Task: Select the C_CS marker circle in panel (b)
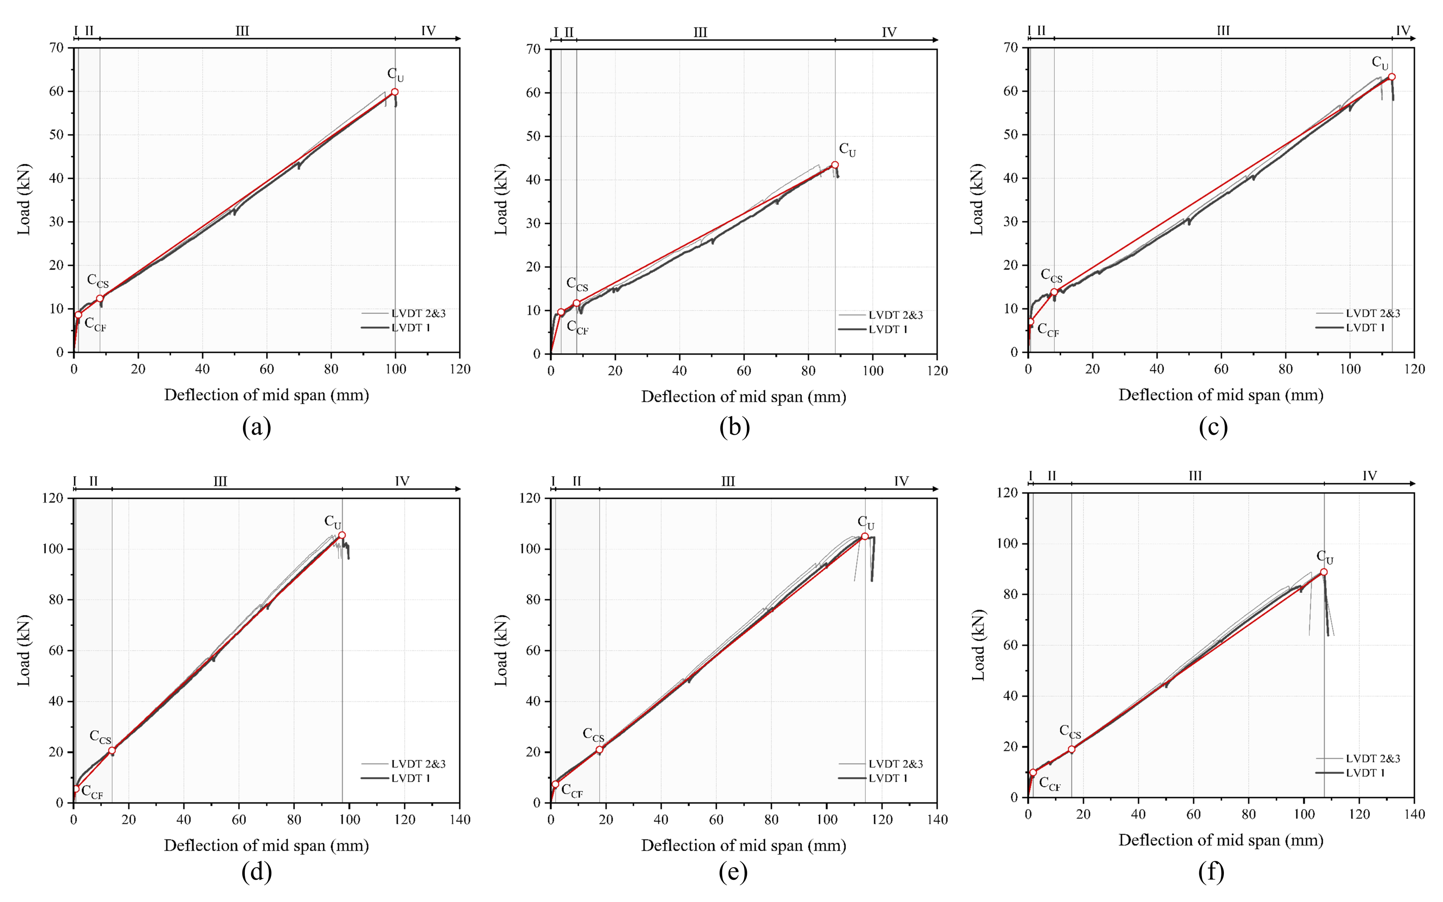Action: (x=576, y=303)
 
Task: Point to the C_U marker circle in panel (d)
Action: (x=342, y=535)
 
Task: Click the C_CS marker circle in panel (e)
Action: (x=599, y=750)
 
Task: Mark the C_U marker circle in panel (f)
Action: (x=1324, y=571)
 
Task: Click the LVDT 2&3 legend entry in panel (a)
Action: (x=418, y=313)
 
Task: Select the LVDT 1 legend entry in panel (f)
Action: (x=1365, y=772)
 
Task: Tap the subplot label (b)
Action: (x=734, y=427)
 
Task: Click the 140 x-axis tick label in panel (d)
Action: (x=460, y=820)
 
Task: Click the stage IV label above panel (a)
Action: (x=428, y=31)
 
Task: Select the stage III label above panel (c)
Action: (x=1223, y=31)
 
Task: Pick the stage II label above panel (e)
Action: (x=576, y=481)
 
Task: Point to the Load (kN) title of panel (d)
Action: (x=24, y=650)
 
